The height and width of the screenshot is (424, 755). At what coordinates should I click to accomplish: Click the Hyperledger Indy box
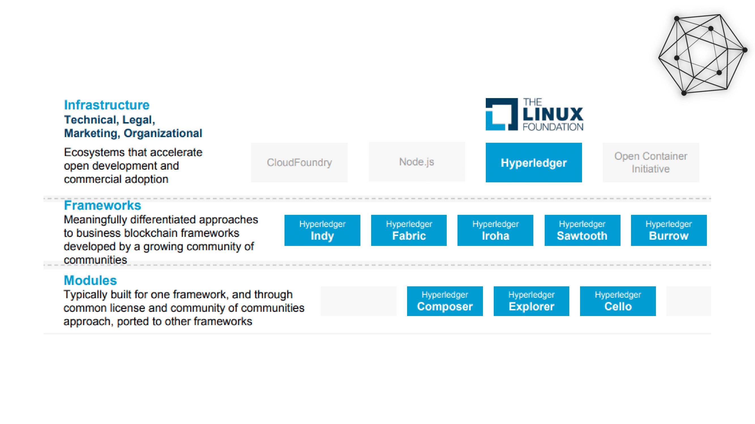point(322,230)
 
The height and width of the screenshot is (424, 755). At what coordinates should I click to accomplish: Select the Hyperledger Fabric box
point(408,230)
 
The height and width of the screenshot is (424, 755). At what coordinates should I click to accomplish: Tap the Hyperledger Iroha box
point(495,230)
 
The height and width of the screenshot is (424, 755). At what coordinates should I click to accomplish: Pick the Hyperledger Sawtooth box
point(582,230)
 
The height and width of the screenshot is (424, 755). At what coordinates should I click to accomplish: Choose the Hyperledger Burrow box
point(669,230)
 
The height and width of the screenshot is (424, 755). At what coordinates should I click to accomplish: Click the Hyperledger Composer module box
point(445,301)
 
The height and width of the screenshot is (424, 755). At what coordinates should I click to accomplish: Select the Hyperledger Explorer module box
point(531,301)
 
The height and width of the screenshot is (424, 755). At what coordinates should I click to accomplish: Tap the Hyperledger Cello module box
point(617,301)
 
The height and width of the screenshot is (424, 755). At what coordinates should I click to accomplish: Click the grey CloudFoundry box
point(299,163)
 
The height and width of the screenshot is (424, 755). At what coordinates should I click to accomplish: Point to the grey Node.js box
point(416,162)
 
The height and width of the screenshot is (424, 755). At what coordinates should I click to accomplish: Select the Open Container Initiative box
point(651,163)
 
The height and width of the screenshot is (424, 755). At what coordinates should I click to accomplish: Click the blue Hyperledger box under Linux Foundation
point(533,163)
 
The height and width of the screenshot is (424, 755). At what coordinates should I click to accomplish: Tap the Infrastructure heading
point(107,105)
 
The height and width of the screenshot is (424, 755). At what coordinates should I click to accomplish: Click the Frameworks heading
point(102,205)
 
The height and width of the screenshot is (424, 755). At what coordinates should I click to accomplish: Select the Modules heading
point(90,280)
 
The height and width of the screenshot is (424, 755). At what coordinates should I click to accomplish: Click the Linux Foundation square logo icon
point(501,114)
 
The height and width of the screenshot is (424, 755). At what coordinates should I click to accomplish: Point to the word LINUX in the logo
point(553,114)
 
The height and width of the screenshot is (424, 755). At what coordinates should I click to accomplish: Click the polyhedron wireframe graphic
point(702,54)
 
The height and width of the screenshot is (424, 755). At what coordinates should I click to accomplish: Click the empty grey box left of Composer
point(358,301)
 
